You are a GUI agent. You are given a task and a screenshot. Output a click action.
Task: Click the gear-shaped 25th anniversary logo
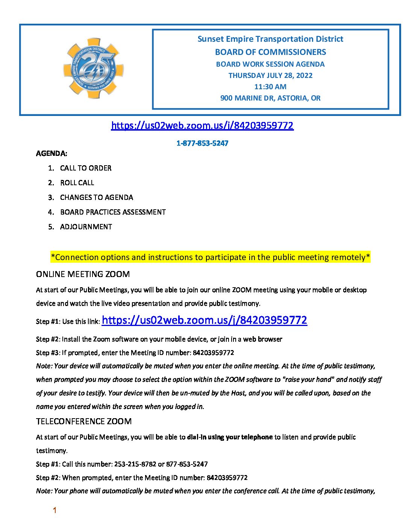click(93, 68)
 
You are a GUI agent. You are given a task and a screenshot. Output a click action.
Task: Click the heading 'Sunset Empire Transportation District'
click(270, 39)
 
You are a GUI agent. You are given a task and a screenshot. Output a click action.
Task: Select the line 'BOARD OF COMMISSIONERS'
click(270, 52)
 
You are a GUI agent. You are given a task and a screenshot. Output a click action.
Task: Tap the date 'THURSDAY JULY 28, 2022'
click(270, 75)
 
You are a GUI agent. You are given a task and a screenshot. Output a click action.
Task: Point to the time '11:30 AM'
click(270, 87)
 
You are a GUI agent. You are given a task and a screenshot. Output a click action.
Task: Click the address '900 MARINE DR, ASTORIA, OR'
click(270, 98)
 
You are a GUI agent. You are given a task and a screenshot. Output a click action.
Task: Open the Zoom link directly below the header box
click(202, 125)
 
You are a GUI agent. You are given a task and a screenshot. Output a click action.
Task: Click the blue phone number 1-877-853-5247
click(202, 143)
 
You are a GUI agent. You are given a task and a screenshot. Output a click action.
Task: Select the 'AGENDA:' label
click(52, 154)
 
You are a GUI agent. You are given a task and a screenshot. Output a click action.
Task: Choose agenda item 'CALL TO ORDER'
click(86, 168)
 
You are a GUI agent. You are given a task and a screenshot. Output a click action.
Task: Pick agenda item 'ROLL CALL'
click(77, 183)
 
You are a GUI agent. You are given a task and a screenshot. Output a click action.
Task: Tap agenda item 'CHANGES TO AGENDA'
click(97, 198)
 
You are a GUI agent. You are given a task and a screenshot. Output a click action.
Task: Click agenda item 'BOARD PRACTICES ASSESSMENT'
click(113, 212)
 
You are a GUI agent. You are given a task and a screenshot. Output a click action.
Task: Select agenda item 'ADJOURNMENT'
click(86, 227)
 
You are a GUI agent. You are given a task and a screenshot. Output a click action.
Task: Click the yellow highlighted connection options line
click(211, 257)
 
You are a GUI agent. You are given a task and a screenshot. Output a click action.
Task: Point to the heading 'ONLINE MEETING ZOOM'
click(83, 274)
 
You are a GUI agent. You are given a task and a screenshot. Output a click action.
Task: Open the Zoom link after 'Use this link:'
click(204, 320)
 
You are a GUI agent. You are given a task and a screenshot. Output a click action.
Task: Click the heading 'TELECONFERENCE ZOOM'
click(84, 421)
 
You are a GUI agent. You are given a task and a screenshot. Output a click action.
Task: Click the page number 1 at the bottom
click(55, 510)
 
